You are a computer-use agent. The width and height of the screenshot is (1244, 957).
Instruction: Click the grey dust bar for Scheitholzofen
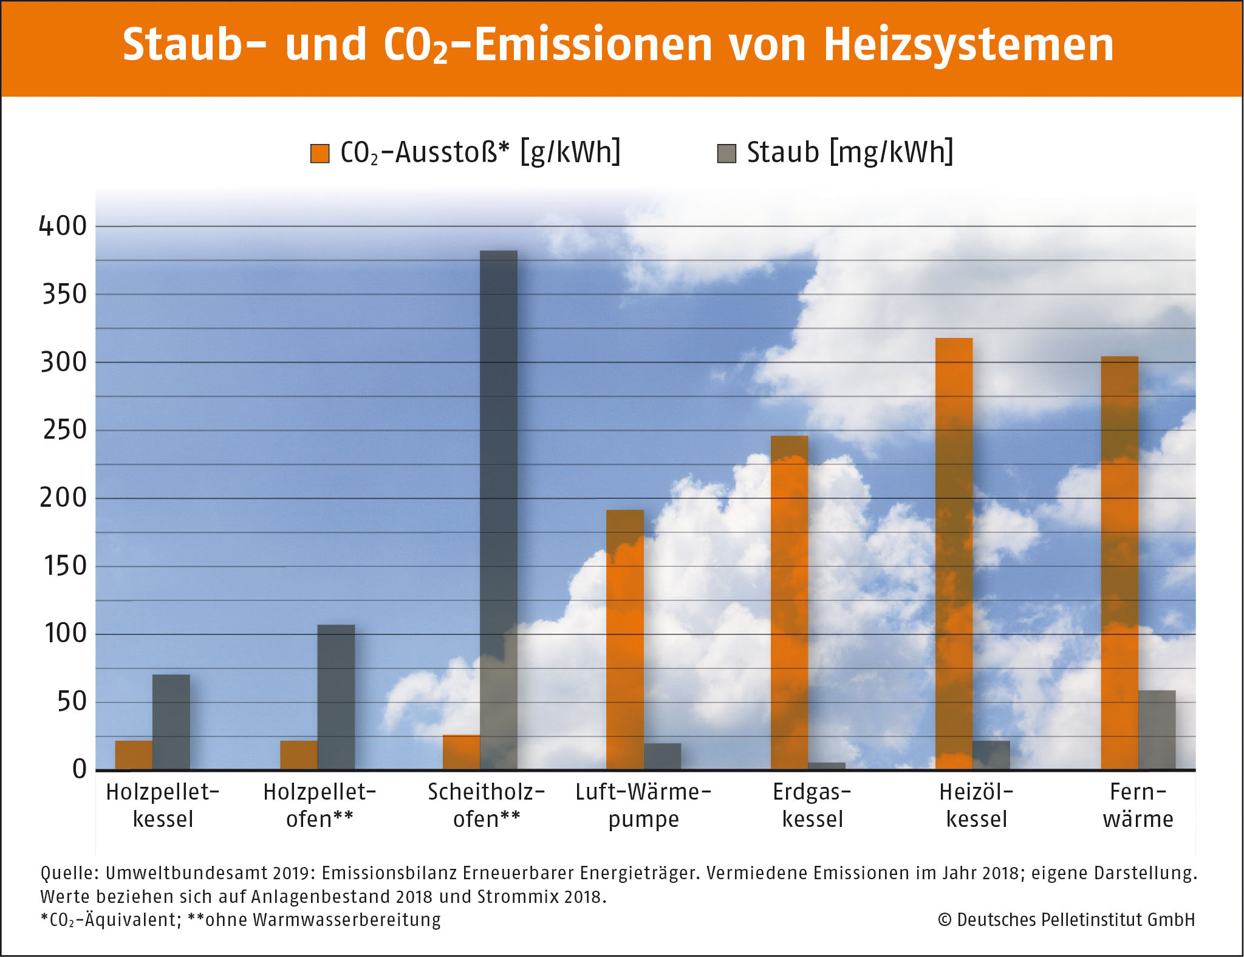499,510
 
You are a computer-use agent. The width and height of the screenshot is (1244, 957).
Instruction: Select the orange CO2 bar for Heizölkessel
954,554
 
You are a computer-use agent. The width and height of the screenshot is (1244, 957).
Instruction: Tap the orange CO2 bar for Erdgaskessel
789,603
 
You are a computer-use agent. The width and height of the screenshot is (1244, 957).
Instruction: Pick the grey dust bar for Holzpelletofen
336,697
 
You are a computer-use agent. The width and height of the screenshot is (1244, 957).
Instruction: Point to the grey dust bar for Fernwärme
1157,730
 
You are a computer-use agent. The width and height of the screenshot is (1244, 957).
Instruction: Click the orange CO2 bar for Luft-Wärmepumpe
624,640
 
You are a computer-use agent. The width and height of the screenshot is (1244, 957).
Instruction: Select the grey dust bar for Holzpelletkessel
171,722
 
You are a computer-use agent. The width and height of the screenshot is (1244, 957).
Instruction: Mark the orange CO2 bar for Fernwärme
1119,563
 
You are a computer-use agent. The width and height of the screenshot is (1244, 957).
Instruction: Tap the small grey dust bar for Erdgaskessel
826,766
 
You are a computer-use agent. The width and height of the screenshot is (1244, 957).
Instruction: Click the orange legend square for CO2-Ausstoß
320,154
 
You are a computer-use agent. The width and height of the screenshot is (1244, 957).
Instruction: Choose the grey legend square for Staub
726,154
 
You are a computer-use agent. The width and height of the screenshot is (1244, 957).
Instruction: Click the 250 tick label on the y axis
64,430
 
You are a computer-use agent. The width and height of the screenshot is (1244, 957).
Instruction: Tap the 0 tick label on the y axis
80,769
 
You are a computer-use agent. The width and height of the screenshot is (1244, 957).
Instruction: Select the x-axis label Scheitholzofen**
487,806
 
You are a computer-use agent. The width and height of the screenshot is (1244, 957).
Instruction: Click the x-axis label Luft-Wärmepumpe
643,806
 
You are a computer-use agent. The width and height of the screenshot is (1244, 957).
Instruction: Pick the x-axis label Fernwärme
1138,806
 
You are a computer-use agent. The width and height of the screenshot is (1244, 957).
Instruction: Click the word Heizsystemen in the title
969,45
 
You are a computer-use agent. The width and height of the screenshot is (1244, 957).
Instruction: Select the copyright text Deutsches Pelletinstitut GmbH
1076,919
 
